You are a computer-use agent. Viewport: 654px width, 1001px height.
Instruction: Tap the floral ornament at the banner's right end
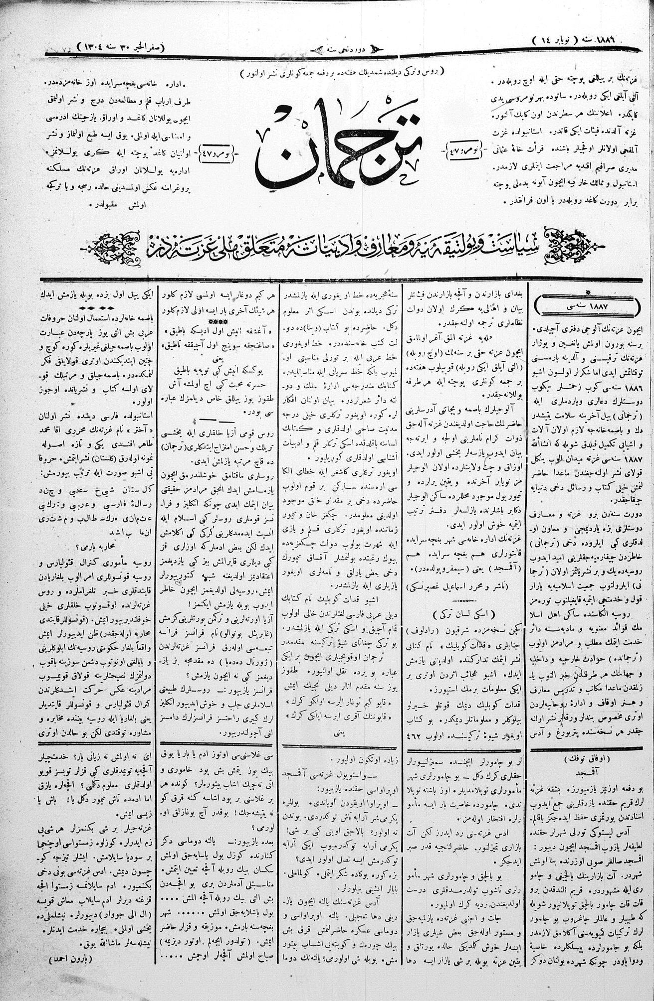tap(571, 245)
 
